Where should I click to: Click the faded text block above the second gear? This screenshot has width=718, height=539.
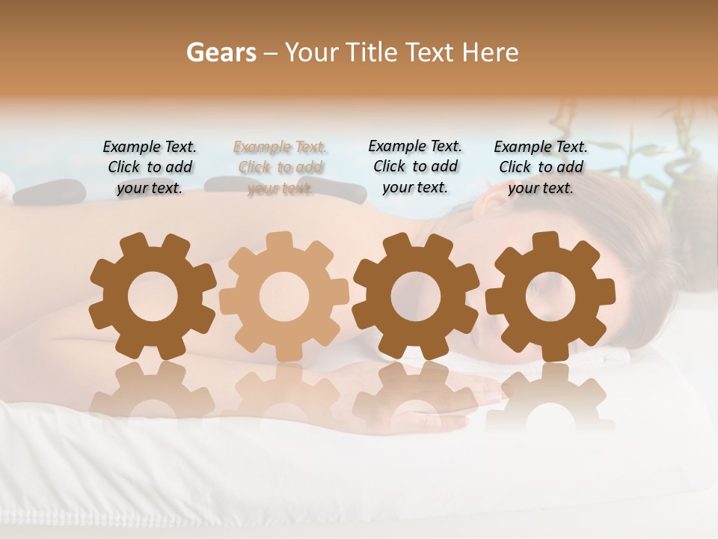coord(280,168)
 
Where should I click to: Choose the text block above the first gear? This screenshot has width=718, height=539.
coord(150,168)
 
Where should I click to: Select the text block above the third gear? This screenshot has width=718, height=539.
coord(415,167)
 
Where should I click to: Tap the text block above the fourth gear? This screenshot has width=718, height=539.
coord(541,168)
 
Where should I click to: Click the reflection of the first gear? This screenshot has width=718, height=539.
coord(152,389)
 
